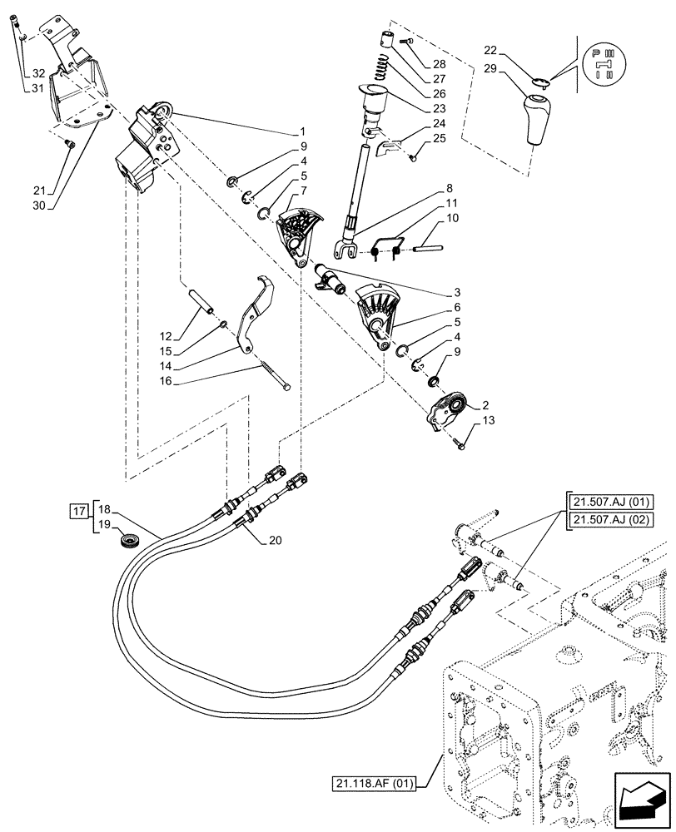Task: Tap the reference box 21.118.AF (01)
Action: point(377,784)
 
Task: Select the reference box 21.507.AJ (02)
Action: point(608,521)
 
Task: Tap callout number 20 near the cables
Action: point(276,540)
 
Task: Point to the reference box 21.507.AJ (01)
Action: point(608,501)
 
